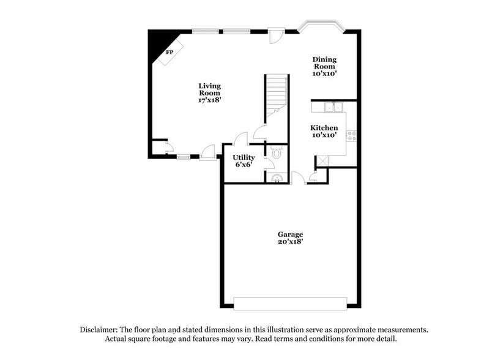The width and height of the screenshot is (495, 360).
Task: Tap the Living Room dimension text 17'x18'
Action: (209, 100)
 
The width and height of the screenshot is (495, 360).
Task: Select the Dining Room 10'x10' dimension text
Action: (325, 73)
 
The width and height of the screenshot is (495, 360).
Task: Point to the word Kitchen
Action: (325, 128)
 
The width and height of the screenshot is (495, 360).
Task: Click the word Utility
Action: (244, 158)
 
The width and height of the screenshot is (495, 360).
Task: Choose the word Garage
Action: (291, 234)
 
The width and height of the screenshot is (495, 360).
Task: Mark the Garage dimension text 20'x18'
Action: (291, 242)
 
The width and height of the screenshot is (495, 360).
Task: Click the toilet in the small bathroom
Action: (276, 153)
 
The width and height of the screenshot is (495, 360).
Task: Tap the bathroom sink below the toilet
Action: (277, 178)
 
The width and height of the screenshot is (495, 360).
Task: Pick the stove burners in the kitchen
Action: (352, 136)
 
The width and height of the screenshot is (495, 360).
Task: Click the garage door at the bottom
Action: (291, 303)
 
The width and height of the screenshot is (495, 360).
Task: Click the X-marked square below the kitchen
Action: (322, 161)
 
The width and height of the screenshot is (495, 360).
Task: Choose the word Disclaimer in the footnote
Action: (100, 329)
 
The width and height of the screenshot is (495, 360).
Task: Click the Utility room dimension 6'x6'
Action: (244, 165)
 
